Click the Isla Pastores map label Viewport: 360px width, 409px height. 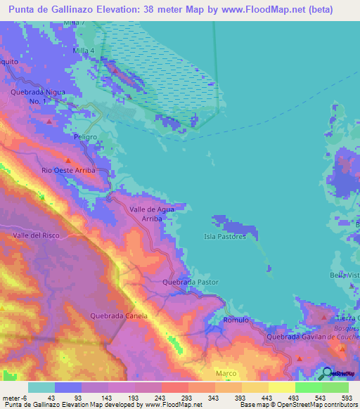point(225,237)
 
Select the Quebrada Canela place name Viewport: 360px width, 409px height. point(119,316)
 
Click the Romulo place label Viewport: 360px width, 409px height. point(236,320)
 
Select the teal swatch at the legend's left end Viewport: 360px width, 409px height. point(41,387)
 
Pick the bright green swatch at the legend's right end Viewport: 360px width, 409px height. point(335,387)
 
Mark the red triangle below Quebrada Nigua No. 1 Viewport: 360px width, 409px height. point(49,121)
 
